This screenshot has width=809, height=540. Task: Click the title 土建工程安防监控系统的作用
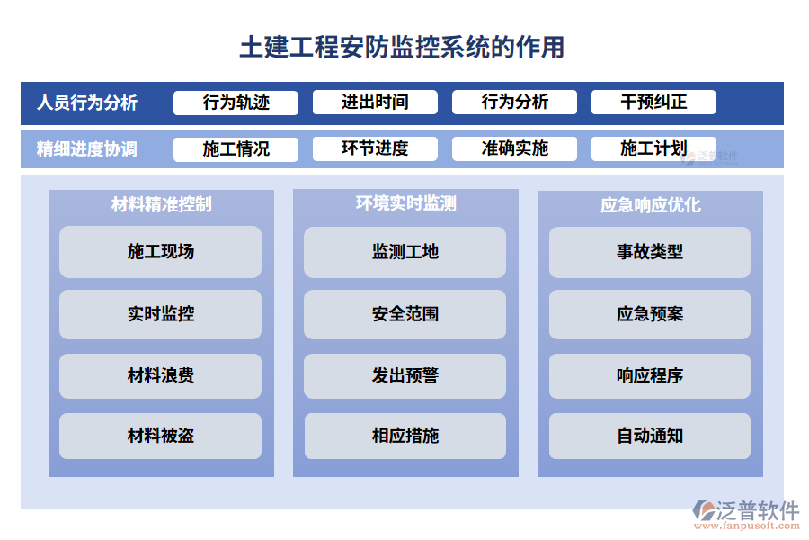point(402,46)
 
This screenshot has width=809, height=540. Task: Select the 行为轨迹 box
point(236,103)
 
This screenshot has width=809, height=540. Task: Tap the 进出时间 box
point(375,103)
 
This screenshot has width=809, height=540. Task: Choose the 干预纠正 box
point(653,103)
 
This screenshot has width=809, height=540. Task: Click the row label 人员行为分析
point(87,103)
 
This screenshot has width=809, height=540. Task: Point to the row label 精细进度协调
point(87,149)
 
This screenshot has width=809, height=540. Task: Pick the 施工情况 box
point(236,149)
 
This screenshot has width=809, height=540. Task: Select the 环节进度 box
point(375,149)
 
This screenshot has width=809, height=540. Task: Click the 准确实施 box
point(514,149)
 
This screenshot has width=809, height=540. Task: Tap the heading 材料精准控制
point(162,204)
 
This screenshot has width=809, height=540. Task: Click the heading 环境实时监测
point(405,204)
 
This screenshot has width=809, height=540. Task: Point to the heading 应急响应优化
point(650,205)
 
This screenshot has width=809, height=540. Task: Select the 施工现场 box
point(161,252)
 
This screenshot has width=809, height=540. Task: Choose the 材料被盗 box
point(161,436)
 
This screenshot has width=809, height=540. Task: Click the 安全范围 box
point(405,314)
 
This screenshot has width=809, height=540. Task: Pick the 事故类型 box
point(650,252)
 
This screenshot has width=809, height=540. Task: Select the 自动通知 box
point(650,436)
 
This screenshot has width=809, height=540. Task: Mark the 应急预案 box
point(650,314)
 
